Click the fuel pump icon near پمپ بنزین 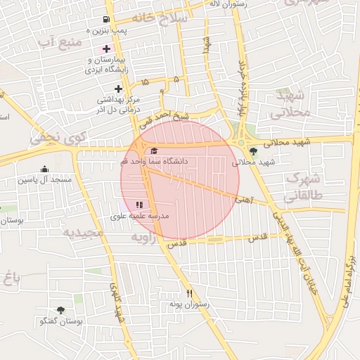click(105, 20)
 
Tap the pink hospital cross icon click(106, 49)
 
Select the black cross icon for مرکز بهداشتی click(118, 89)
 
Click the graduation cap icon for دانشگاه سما click(154, 150)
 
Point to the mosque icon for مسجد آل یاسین click(45, 169)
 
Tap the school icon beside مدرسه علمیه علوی click(129, 205)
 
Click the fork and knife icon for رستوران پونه click(189, 293)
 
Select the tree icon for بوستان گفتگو click(60, 309)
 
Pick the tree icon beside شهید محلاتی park click(253, 151)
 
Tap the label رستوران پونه click(186, 304)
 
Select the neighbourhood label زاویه click(147, 238)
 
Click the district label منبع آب click(59, 43)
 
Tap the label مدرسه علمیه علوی click(140, 217)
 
